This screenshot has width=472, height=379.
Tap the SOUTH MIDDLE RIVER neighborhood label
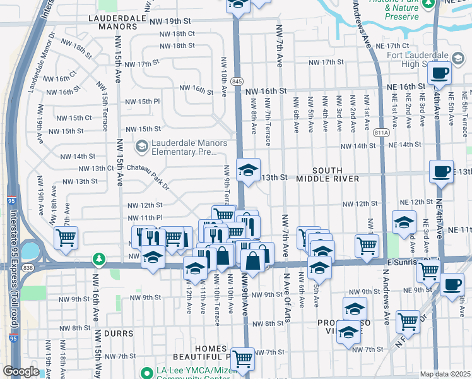coord(327,175)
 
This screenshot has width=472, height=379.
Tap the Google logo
coord(20,372)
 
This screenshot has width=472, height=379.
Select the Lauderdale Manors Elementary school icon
coord(141,147)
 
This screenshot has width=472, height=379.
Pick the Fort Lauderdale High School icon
coord(457,58)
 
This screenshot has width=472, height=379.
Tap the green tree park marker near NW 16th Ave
coord(98,258)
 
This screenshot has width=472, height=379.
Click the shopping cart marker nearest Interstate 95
coord(66,238)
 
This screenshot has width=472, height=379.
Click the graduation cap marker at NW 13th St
coord(249,169)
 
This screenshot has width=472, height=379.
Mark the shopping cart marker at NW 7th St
coord(242,359)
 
